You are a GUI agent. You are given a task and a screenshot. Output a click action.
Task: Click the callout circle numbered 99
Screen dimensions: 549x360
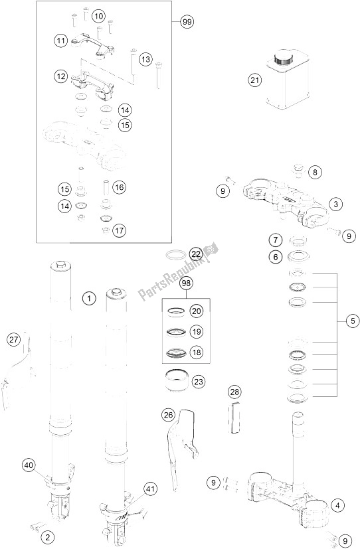click(x=187, y=21)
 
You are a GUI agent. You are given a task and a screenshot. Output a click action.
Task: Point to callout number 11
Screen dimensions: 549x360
click(x=61, y=41)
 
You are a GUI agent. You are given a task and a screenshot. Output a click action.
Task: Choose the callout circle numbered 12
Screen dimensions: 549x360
click(x=61, y=77)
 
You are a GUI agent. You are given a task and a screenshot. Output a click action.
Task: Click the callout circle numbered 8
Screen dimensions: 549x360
click(x=315, y=173)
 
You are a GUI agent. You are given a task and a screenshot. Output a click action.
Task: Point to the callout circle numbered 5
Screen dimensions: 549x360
click(x=352, y=321)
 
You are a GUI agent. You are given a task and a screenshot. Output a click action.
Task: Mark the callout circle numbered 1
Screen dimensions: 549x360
click(x=88, y=298)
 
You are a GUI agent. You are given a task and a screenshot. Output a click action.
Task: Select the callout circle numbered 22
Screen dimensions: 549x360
click(x=195, y=254)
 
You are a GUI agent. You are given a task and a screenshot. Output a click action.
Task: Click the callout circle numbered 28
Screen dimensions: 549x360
click(x=234, y=394)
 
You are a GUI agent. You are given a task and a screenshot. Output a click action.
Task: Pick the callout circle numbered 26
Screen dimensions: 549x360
click(x=168, y=416)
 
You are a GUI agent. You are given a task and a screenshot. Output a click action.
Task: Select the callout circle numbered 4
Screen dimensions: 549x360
click(x=339, y=506)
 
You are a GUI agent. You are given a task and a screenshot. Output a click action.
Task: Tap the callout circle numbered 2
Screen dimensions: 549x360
click(x=46, y=536)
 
